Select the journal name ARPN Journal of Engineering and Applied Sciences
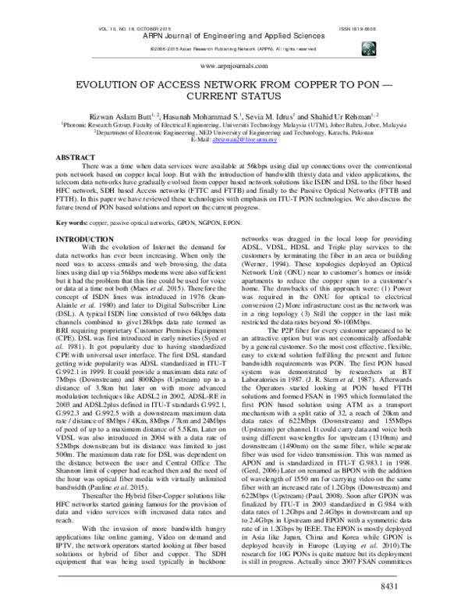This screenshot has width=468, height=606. tap(234, 36)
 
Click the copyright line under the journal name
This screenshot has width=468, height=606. tap(234, 48)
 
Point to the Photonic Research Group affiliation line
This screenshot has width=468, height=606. tap(234, 124)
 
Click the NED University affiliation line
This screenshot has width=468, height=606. tap(234, 132)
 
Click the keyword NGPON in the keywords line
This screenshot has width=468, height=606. tap(213, 223)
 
